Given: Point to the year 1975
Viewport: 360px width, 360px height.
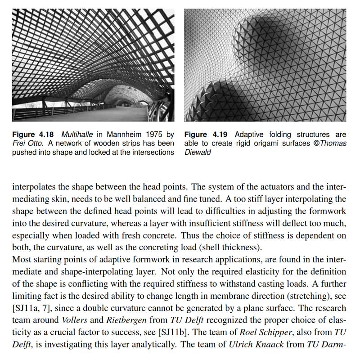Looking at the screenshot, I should (151, 135).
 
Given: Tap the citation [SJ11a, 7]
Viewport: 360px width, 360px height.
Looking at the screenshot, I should (31, 309).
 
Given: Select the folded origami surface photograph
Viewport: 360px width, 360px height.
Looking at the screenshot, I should (265, 65).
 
